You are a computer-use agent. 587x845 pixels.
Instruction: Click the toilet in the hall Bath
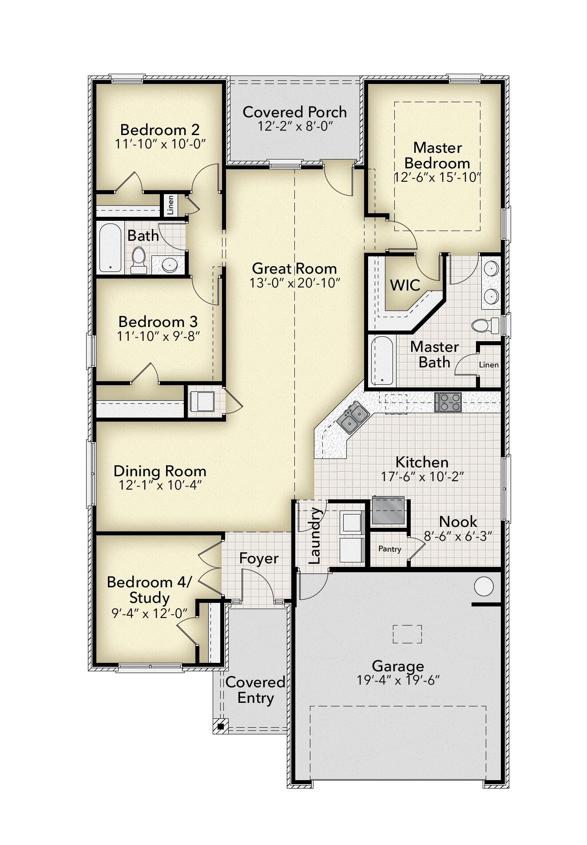click(139, 260)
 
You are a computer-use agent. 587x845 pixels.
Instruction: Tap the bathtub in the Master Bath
click(382, 360)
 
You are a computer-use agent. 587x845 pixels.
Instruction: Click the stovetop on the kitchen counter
click(448, 402)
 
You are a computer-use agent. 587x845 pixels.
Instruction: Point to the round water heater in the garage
click(484, 586)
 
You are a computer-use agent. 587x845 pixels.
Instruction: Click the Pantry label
click(389, 549)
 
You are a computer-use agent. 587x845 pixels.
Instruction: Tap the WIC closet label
click(405, 285)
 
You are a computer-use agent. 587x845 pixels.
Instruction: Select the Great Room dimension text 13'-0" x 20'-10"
click(294, 283)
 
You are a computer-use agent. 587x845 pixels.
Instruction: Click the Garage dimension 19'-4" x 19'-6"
click(398, 680)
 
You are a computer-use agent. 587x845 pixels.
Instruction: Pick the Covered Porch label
click(294, 112)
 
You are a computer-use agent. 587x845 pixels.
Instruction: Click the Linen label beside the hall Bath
click(170, 205)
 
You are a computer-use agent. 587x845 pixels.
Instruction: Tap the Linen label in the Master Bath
click(488, 365)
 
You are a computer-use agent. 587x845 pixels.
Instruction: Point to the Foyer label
click(258, 558)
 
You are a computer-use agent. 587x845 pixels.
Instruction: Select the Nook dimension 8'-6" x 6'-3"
click(458, 536)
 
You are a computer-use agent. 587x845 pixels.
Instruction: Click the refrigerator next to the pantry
click(389, 510)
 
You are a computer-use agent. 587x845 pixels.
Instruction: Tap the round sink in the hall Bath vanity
click(169, 265)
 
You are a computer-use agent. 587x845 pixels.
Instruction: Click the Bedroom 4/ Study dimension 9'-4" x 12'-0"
click(149, 614)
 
